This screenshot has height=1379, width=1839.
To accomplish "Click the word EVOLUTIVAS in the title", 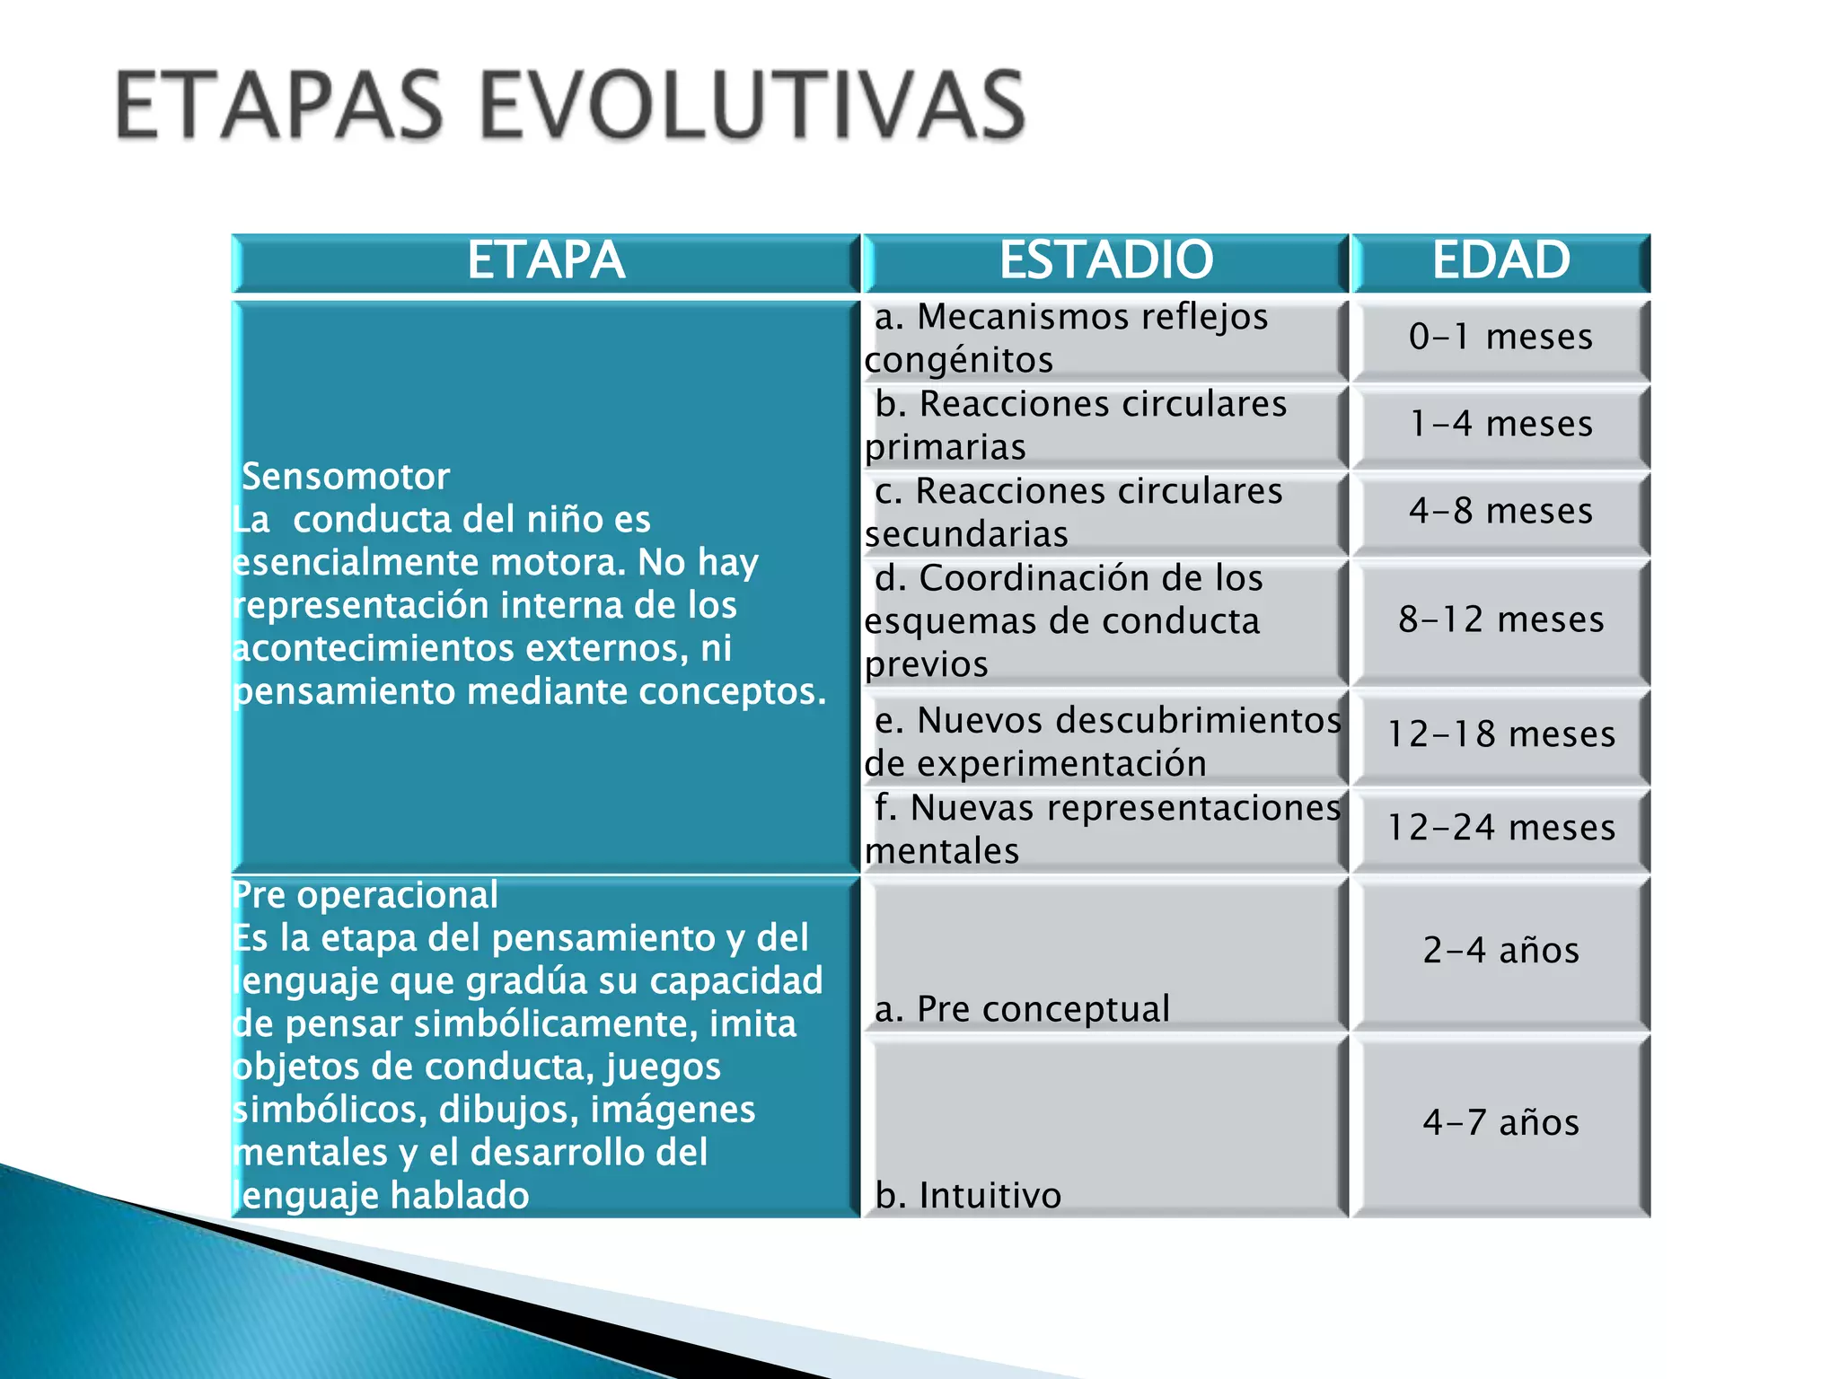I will (x=752, y=106).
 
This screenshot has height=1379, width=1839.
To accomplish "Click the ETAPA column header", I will (x=545, y=261).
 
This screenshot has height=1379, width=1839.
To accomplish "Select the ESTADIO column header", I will (x=1105, y=260).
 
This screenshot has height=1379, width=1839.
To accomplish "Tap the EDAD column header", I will (x=1500, y=260).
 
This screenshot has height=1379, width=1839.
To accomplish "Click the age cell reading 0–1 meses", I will (x=1500, y=338).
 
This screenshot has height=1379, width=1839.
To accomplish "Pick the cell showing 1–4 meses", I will (x=1500, y=424).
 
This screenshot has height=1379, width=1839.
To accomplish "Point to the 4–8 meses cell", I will (x=1500, y=511).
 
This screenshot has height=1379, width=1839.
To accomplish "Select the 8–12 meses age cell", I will (x=1500, y=620).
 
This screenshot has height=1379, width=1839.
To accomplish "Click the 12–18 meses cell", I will (x=1500, y=734).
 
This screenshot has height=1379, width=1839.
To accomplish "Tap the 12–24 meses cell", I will (x=1500, y=828).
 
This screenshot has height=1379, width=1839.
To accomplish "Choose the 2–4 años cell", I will (x=1500, y=951).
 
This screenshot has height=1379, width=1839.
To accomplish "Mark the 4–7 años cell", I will (x=1500, y=1123).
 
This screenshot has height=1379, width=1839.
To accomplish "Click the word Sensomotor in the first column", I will (x=346, y=477).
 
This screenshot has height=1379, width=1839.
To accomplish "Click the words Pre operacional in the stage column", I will (x=365, y=895).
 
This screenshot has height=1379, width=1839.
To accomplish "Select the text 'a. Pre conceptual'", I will (x=1022, y=1009).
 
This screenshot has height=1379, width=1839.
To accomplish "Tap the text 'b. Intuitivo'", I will (x=968, y=1196).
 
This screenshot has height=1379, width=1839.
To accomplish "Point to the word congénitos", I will (x=958, y=361).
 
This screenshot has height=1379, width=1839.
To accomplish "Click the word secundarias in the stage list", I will (x=966, y=535).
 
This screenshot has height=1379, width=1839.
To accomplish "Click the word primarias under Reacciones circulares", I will (x=945, y=448).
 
